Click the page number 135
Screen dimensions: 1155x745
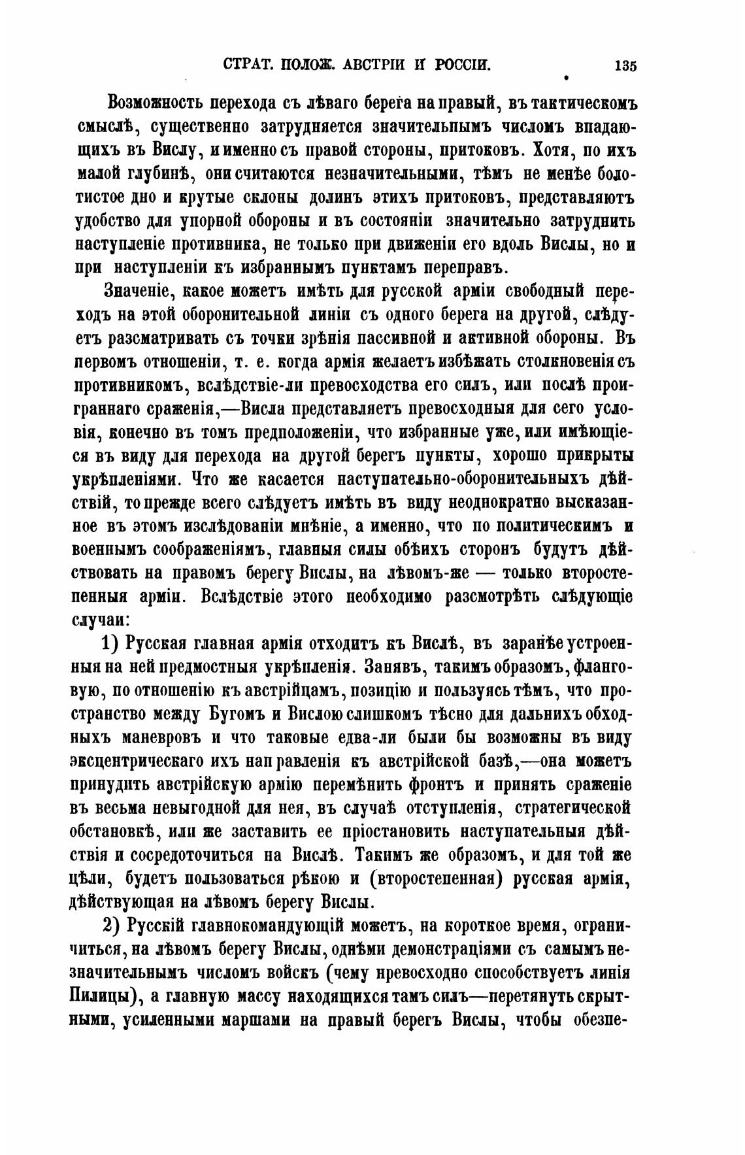pyautogui.click(x=625, y=66)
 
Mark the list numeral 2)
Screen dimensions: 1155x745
pyautogui.click(x=114, y=927)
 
